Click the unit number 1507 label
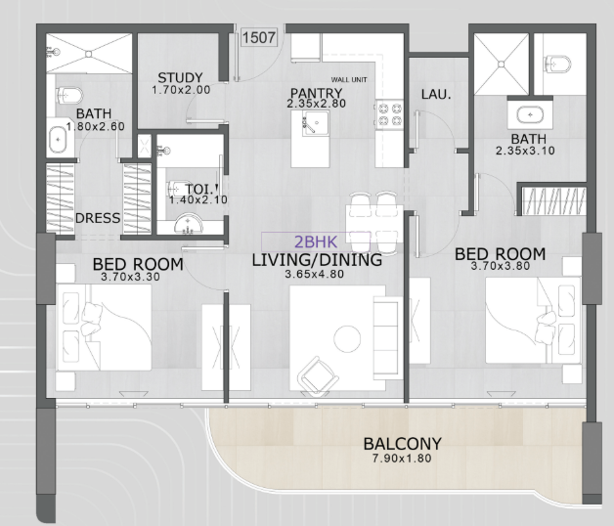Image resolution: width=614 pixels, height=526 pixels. point(259,37)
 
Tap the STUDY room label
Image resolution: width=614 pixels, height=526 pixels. point(180,77)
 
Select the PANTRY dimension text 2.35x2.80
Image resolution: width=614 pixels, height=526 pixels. point(317,104)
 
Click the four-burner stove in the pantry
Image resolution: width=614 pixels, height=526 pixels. point(390,114)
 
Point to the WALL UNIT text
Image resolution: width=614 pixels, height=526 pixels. point(349,80)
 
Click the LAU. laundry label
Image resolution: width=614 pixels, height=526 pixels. point(436,94)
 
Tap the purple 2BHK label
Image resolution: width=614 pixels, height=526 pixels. point(316,242)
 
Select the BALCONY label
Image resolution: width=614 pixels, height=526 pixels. point(403,444)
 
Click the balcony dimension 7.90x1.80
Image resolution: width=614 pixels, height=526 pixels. point(402,459)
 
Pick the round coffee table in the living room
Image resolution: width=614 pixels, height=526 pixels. point(347,338)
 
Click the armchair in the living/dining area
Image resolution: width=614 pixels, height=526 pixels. point(318,375)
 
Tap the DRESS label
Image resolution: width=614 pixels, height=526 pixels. point(98,218)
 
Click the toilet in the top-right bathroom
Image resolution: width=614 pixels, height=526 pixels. point(558,65)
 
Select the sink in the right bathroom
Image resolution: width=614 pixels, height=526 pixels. point(530,115)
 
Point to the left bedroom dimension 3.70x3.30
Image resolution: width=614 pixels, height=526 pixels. point(130,277)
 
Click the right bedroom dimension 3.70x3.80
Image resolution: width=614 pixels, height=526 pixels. point(501,266)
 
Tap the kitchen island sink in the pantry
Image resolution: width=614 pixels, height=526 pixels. point(316,123)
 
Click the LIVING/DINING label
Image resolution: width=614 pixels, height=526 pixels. point(317,260)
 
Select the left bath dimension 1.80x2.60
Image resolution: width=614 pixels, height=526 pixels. point(96,126)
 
